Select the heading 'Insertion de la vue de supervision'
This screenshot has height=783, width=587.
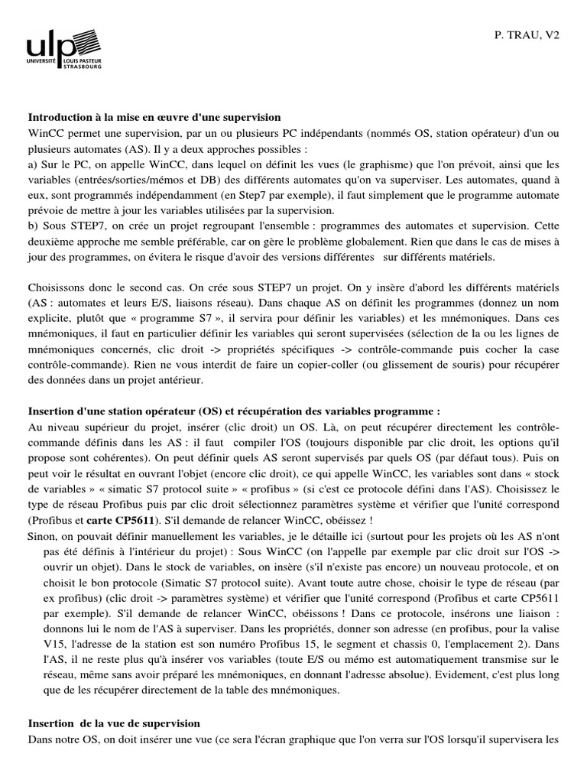point(114,723)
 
